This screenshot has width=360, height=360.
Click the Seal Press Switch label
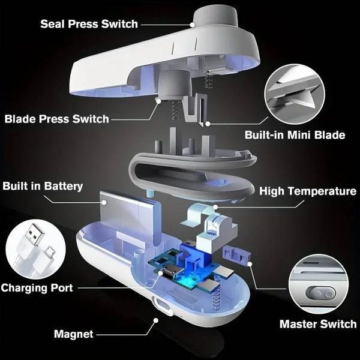(89, 24)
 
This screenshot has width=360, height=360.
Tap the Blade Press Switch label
(57, 118)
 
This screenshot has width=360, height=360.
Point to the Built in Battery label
(43, 187)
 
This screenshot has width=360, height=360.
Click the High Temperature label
(308, 191)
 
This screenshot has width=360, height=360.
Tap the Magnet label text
(73, 334)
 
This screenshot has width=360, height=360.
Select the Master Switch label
(318, 324)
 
